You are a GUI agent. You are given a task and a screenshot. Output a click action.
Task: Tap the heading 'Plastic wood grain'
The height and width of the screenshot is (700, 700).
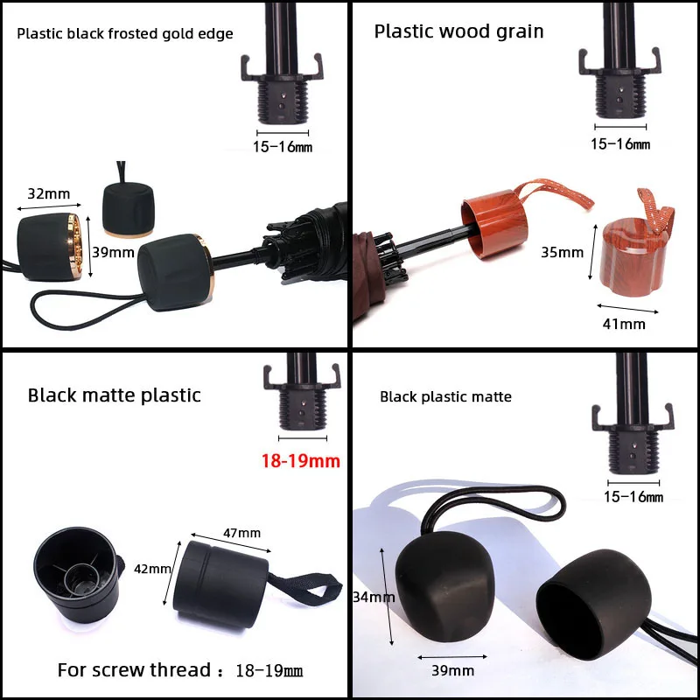click(x=458, y=31)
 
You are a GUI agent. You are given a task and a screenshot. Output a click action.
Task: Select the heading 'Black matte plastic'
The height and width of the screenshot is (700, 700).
click(x=115, y=395)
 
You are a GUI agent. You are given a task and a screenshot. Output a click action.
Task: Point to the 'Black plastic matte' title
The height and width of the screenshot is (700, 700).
click(x=445, y=396)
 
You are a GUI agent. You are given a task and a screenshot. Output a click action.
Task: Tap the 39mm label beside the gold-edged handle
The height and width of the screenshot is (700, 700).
click(x=113, y=254)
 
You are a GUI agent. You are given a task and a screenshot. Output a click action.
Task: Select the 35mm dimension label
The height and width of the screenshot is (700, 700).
click(x=563, y=253)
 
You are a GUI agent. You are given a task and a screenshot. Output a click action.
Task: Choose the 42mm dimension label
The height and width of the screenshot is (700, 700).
click(x=152, y=570)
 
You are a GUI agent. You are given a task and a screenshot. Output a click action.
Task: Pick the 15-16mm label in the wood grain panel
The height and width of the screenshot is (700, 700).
click(x=620, y=143)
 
